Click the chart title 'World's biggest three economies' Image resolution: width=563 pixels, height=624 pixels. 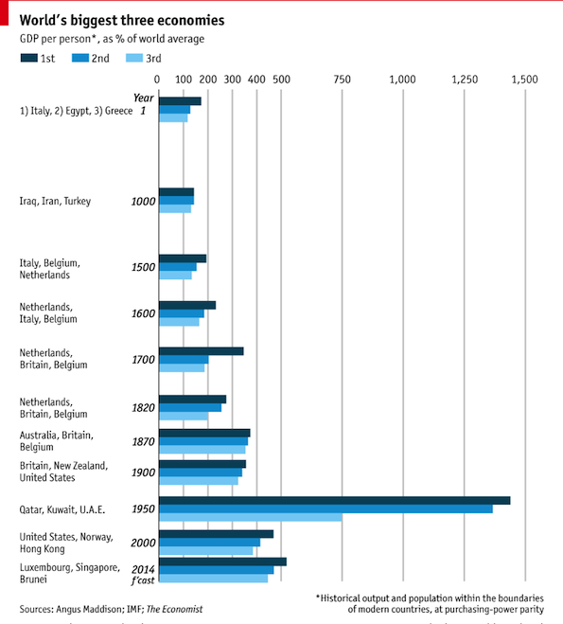point(123,19)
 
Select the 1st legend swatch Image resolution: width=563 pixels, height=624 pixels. point(29,59)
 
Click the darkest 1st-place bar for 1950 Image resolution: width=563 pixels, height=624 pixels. point(334,500)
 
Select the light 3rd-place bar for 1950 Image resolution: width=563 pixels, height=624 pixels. point(250,517)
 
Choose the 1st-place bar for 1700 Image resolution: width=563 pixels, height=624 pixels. point(201,351)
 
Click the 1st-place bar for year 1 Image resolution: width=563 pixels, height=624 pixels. point(180,101)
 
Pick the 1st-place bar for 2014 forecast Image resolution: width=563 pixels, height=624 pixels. point(221,562)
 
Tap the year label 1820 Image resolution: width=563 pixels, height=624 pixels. point(143,407)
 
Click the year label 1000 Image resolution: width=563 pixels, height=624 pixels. point(143,201)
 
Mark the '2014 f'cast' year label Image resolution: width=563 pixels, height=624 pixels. point(143,573)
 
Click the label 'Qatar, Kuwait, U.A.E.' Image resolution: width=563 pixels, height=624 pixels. point(62,509)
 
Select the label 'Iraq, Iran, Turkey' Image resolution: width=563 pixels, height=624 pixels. point(56,201)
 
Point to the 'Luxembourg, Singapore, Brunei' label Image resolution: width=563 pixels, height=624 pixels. point(70,573)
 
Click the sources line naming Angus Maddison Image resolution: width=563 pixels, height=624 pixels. point(111,608)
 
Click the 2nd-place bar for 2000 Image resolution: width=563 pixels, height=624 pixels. point(209,543)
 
